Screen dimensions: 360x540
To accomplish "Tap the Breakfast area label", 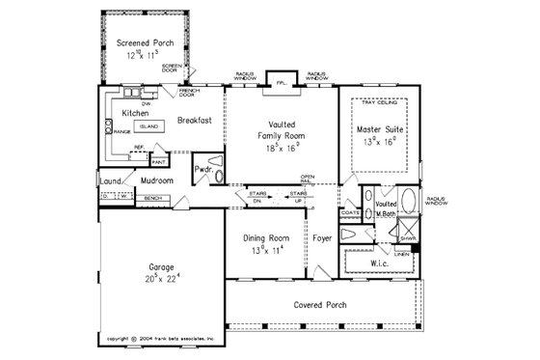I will click(x=193, y=122).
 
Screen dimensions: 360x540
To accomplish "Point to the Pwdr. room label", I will click(x=202, y=169).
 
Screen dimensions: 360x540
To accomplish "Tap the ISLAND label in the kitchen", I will click(x=148, y=126).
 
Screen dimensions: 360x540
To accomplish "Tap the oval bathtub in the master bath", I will click(x=409, y=205).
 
